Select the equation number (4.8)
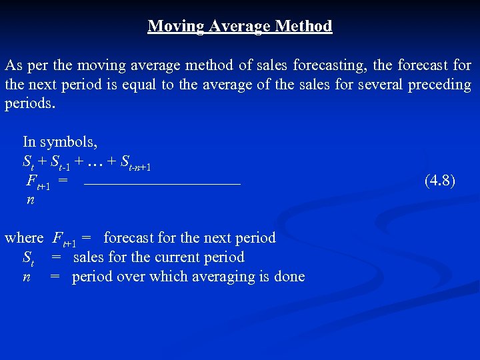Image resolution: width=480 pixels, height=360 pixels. [440, 180]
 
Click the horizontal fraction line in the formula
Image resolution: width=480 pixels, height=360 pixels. [162, 183]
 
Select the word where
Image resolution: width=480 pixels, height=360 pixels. [24, 238]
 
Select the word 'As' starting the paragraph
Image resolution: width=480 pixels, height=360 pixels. [13, 65]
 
